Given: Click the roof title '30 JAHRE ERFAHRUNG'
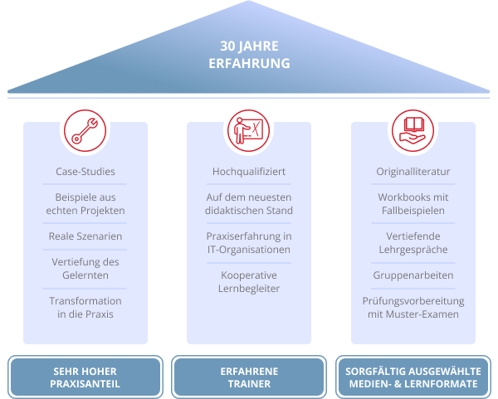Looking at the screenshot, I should point(249,54).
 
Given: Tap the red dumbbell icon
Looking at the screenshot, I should point(85,129).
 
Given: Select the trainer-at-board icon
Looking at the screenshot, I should point(249,129).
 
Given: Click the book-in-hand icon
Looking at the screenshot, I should point(413,129).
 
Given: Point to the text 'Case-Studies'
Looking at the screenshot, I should point(85,172).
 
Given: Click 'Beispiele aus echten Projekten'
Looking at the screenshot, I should point(85,204).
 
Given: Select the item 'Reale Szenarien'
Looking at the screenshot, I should point(85,236).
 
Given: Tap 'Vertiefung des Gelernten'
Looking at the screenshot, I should point(85,269).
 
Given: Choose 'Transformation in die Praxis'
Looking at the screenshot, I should point(85,307).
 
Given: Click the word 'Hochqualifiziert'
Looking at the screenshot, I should point(249,172).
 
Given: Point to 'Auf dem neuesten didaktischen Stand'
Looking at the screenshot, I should point(249,204).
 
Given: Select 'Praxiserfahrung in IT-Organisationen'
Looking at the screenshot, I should point(249,243).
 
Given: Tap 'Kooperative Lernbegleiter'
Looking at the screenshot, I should point(249,281).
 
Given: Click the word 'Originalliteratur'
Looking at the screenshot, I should point(413,172).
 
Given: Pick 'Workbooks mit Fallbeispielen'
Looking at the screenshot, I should point(413,204).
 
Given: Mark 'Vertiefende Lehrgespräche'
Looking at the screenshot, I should point(413,243).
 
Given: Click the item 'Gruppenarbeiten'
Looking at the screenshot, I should point(413,275).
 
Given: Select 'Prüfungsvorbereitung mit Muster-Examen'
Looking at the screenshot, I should point(413,307).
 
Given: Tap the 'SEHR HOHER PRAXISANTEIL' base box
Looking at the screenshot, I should point(85,377).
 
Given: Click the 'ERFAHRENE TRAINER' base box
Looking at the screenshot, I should point(249,377).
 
